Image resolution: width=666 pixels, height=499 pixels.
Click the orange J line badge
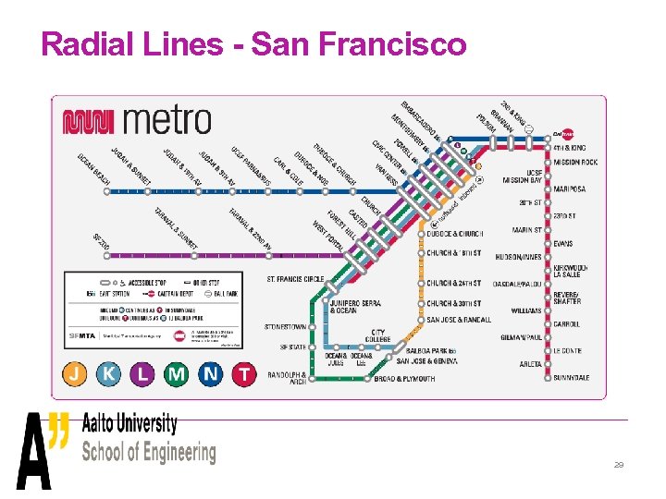tap(77, 373)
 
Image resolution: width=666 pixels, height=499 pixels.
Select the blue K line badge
tap(110, 373)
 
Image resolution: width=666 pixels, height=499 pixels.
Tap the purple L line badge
tap(142, 373)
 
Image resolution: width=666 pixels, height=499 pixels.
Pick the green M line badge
tap(176, 373)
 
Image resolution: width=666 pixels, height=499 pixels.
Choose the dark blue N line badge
tap(210, 373)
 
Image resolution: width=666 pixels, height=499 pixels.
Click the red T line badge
tap(243, 373)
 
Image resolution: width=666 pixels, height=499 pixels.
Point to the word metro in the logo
tap(166, 119)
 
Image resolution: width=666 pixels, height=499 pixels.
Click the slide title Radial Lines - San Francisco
tap(253, 43)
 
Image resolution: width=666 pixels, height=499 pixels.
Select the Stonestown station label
tap(285, 325)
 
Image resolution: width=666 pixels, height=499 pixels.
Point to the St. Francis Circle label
tap(295, 279)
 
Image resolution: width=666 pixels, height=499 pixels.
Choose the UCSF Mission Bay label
tap(523, 176)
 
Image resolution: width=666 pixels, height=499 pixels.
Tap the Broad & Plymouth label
tap(404, 379)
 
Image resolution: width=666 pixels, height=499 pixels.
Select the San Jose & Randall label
tap(459, 320)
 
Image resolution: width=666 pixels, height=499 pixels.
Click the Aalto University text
tap(129, 424)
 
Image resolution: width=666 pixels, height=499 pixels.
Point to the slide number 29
tap(619, 465)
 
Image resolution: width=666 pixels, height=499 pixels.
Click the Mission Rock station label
tap(576, 162)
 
